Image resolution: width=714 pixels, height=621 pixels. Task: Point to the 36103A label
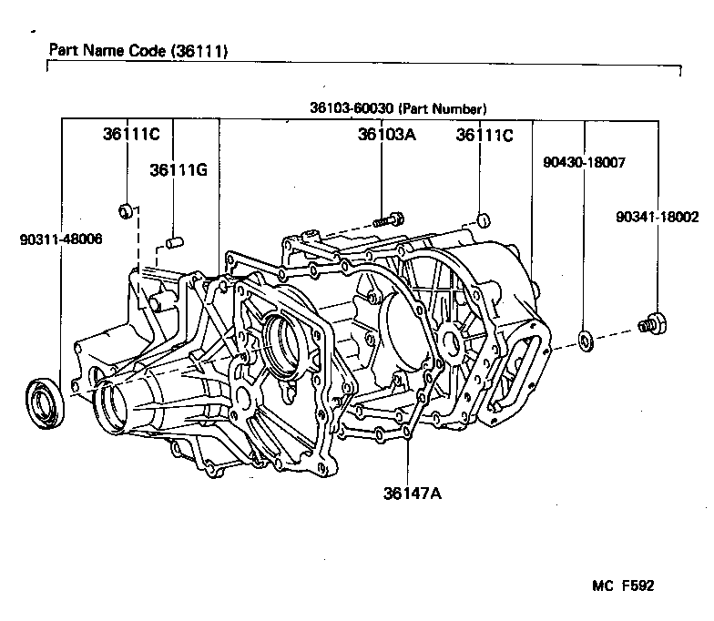point(386,135)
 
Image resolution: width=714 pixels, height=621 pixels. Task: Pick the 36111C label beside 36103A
point(484,135)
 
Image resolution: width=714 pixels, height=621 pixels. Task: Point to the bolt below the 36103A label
point(387,219)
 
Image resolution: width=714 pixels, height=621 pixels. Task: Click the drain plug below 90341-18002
point(652,322)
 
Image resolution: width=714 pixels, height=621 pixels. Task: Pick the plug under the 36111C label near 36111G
point(127,212)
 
